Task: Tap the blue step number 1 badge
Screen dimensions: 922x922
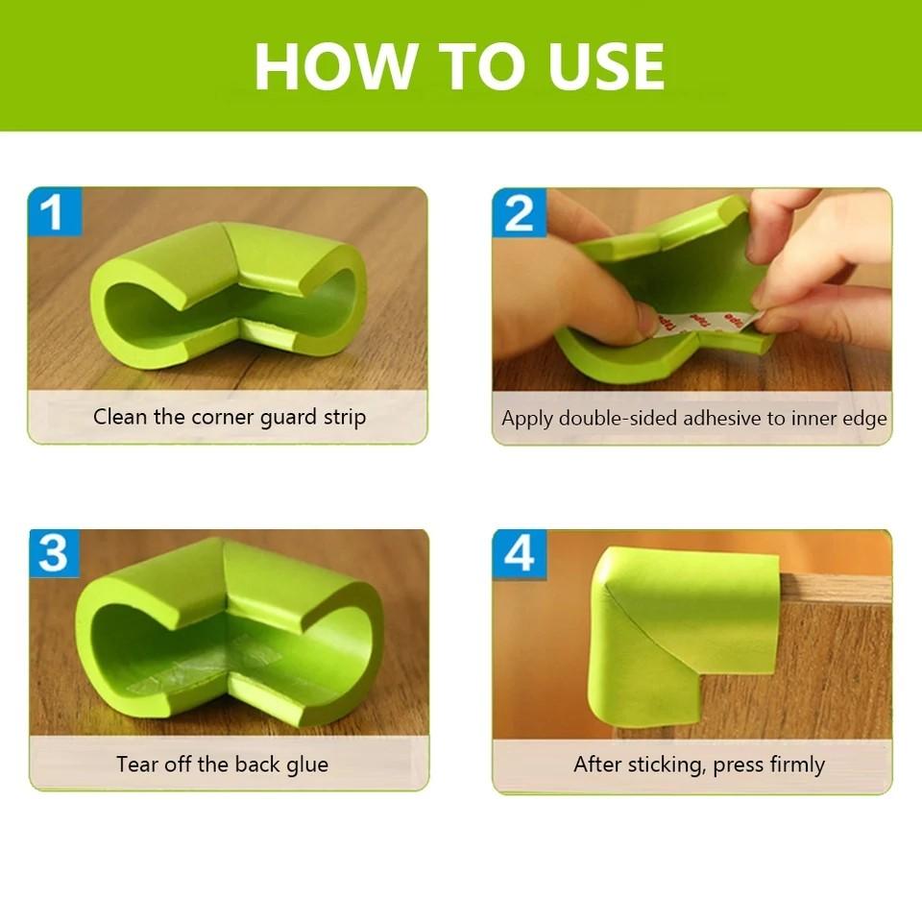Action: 54,212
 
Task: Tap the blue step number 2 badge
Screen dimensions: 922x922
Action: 519,212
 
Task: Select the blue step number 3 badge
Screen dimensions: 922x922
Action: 54,554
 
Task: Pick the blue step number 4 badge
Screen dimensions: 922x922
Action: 519,554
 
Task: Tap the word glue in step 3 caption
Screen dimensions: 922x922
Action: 306,764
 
